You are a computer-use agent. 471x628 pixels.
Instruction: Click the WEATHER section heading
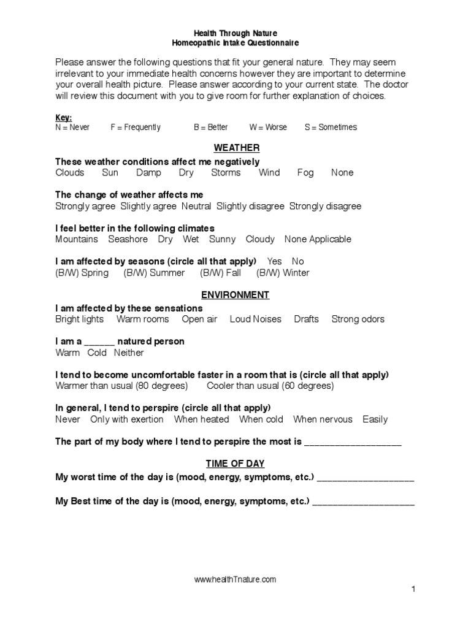236,148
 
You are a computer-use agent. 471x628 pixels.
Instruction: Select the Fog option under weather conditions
305,173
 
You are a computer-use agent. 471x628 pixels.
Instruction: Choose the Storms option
226,173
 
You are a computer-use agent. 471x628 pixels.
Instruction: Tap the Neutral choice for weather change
196,206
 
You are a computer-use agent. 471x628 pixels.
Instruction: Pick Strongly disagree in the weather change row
325,206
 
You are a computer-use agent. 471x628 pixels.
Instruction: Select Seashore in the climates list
128,239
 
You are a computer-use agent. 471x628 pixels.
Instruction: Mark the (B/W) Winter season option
283,273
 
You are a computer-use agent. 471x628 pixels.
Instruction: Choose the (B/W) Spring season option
82,273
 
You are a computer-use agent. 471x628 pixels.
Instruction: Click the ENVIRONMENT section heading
236,295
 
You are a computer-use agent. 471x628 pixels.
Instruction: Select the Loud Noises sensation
255,319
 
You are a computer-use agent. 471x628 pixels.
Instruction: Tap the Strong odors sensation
358,319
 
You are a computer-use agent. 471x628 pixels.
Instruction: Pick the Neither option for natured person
129,353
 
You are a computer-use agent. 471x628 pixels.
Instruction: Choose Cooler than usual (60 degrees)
270,386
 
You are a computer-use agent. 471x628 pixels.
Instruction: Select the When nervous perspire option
323,419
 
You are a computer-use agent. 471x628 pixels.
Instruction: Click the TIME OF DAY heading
236,464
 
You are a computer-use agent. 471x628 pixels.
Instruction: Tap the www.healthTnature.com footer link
235,579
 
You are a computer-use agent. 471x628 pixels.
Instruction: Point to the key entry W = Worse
267,127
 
